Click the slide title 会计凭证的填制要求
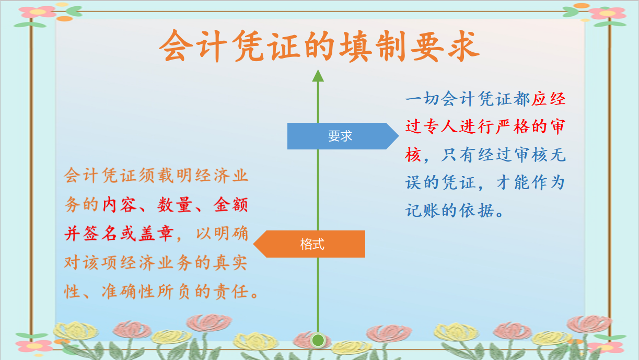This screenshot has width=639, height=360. tap(319, 46)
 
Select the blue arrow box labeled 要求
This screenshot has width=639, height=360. tap(341, 136)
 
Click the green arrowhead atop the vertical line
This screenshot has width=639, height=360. tap(318, 76)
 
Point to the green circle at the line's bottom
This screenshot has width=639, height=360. tap(318, 341)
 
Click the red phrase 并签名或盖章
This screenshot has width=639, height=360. tap(119, 234)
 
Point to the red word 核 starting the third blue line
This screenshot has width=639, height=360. tap(413, 155)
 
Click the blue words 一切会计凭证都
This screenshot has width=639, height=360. tap(468, 98)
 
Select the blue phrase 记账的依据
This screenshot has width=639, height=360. tap(448, 211)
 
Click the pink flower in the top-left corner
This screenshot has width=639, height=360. tap(38, 11)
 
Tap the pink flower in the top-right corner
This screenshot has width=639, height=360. tap(607, 13)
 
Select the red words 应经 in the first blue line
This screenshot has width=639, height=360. tap(549, 98)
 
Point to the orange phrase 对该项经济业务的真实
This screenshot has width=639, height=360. tap(156, 262)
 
